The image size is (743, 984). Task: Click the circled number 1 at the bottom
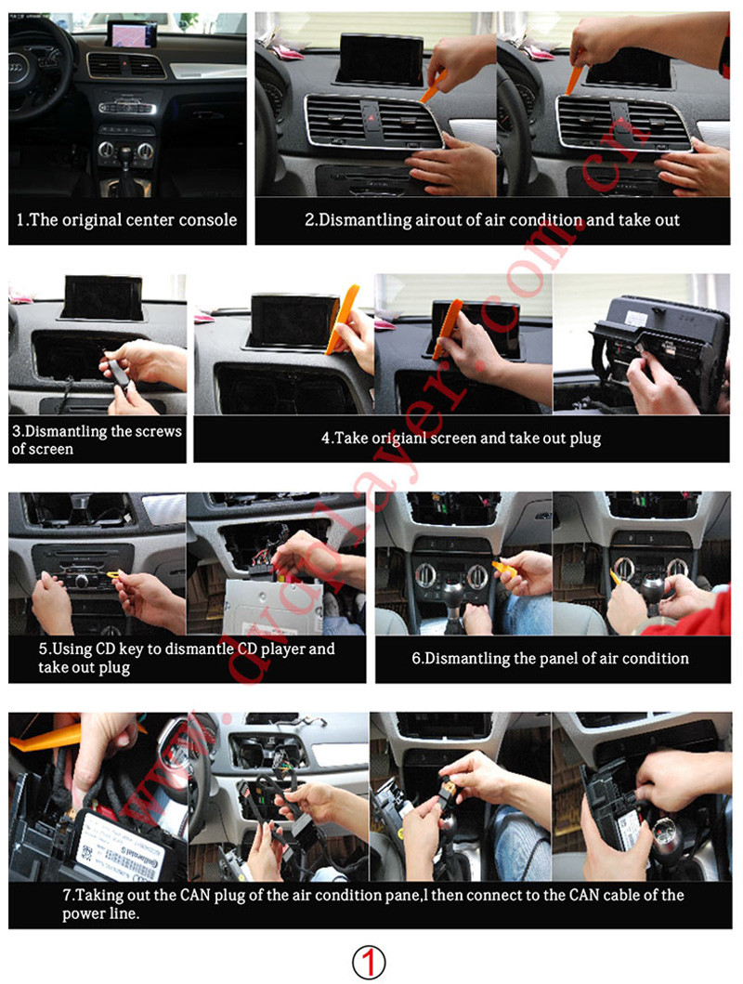click(369, 962)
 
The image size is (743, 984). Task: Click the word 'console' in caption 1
click(208, 220)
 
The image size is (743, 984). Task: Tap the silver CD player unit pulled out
click(273, 606)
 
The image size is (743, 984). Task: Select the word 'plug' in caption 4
click(585, 438)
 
